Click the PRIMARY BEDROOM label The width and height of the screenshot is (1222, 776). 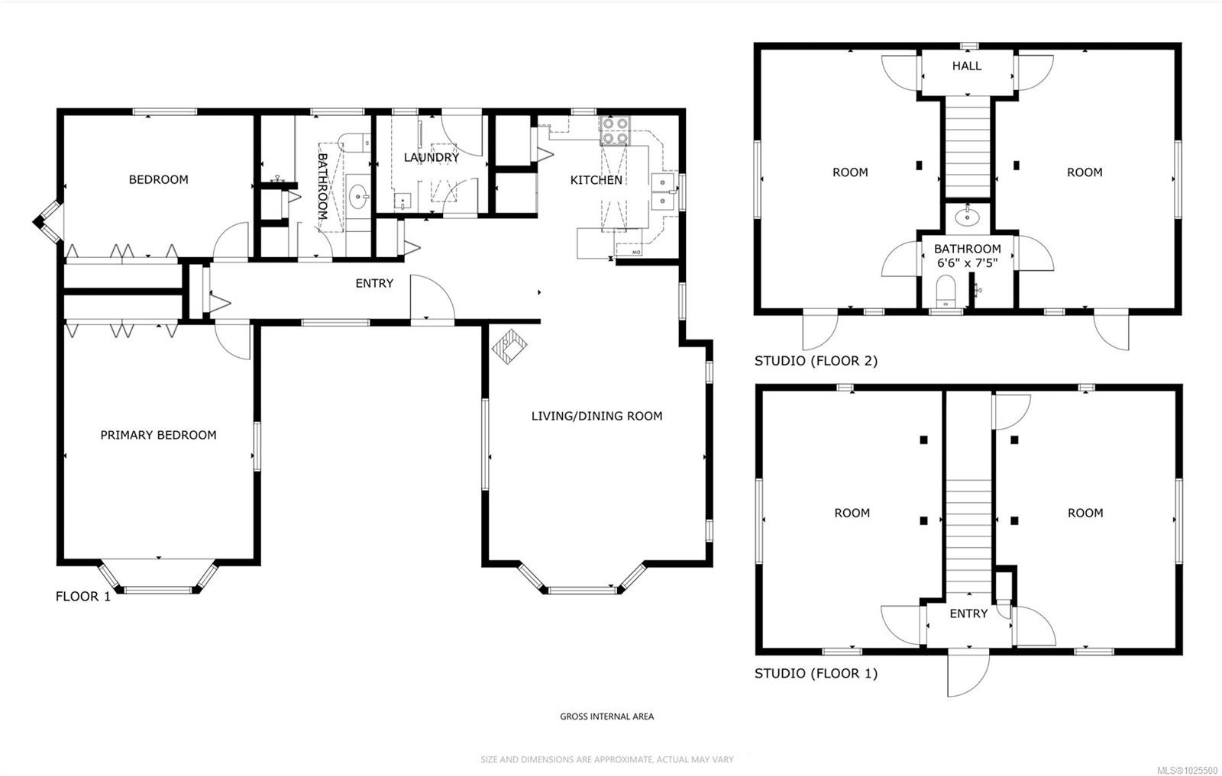(x=158, y=435)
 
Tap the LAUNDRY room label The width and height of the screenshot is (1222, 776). (x=432, y=157)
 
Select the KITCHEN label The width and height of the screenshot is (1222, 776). (x=596, y=180)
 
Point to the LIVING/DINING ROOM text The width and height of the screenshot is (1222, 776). (x=596, y=416)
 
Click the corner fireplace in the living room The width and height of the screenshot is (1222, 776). (x=509, y=347)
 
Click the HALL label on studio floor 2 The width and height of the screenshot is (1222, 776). (x=966, y=66)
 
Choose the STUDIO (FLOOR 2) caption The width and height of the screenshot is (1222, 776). (x=816, y=361)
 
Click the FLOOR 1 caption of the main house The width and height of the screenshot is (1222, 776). (x=82, y=597)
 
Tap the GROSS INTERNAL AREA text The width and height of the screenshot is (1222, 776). (x=606, y=716)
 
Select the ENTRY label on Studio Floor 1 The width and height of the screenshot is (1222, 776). (x=968, y=613)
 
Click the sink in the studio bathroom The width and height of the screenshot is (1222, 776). (x=968, y=215)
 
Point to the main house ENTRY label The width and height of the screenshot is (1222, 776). (x=374, y=283)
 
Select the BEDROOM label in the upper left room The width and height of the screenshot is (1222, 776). (x=158, y=179)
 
